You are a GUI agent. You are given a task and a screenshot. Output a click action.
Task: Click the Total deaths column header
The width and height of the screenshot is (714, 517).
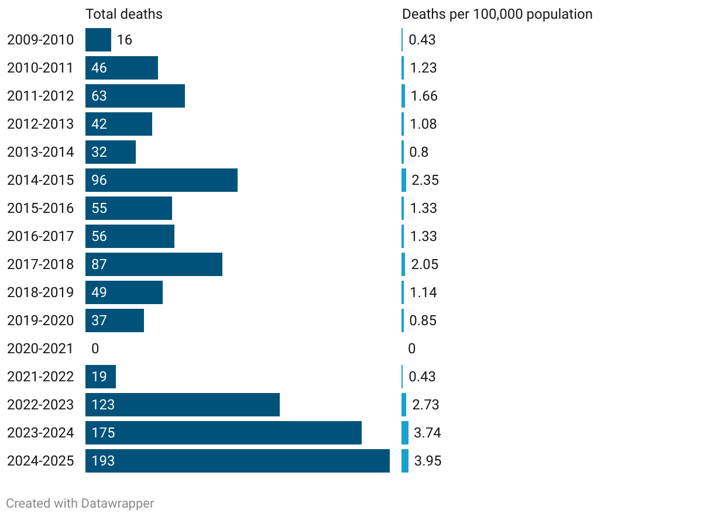click(123, 14)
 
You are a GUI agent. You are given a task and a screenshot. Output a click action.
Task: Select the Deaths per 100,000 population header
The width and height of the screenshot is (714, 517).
click(497, 14)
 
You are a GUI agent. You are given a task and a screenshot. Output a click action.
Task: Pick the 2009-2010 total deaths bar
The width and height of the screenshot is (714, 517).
click(98, 40)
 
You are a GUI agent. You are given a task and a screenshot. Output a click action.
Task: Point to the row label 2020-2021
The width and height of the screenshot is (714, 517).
click(40, 349)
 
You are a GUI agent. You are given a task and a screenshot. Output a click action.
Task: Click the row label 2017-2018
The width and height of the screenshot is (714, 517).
click(40, 264)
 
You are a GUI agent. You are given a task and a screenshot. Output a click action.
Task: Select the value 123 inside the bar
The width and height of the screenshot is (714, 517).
click(103, 405)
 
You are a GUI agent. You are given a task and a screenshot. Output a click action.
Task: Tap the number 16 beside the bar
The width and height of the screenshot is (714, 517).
click(124, 40)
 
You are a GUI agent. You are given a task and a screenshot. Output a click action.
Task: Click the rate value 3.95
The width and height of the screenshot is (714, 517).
click(428, 461)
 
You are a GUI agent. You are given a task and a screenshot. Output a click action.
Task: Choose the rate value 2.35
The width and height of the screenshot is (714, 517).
click(425, 180)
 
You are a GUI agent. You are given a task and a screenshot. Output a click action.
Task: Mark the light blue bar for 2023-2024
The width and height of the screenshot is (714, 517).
click(405, 433)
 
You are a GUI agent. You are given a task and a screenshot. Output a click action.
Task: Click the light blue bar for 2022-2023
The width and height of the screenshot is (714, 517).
click(404, 405)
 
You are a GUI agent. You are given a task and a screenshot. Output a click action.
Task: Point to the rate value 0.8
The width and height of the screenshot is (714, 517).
click(418, 152)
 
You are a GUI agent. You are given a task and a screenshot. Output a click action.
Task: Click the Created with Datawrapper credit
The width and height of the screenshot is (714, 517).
click(80, 503)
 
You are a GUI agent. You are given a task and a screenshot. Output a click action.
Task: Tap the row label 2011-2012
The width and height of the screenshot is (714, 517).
click(40, 96)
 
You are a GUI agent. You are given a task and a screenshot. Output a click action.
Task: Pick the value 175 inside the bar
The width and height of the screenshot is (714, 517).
click(103, 433)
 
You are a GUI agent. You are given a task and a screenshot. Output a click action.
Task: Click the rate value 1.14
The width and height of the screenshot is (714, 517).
click(423, 292)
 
